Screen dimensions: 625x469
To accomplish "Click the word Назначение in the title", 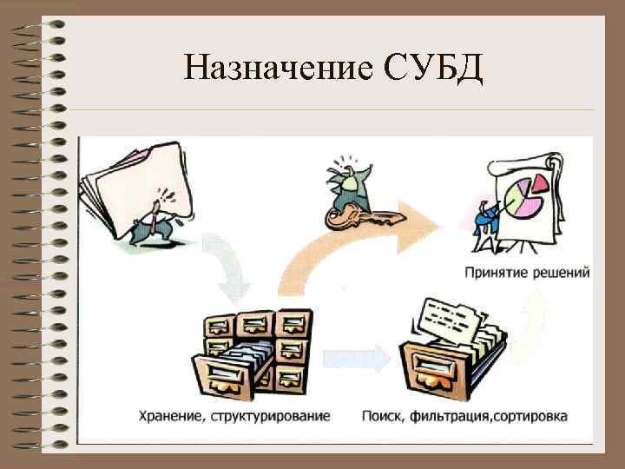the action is (x=276, y=68).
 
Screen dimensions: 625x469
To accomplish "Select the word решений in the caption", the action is (x=562, y=273).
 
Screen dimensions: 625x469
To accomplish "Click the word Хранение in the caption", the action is (x=169, y=416).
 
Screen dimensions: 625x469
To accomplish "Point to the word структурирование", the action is (x=268, y=416).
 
